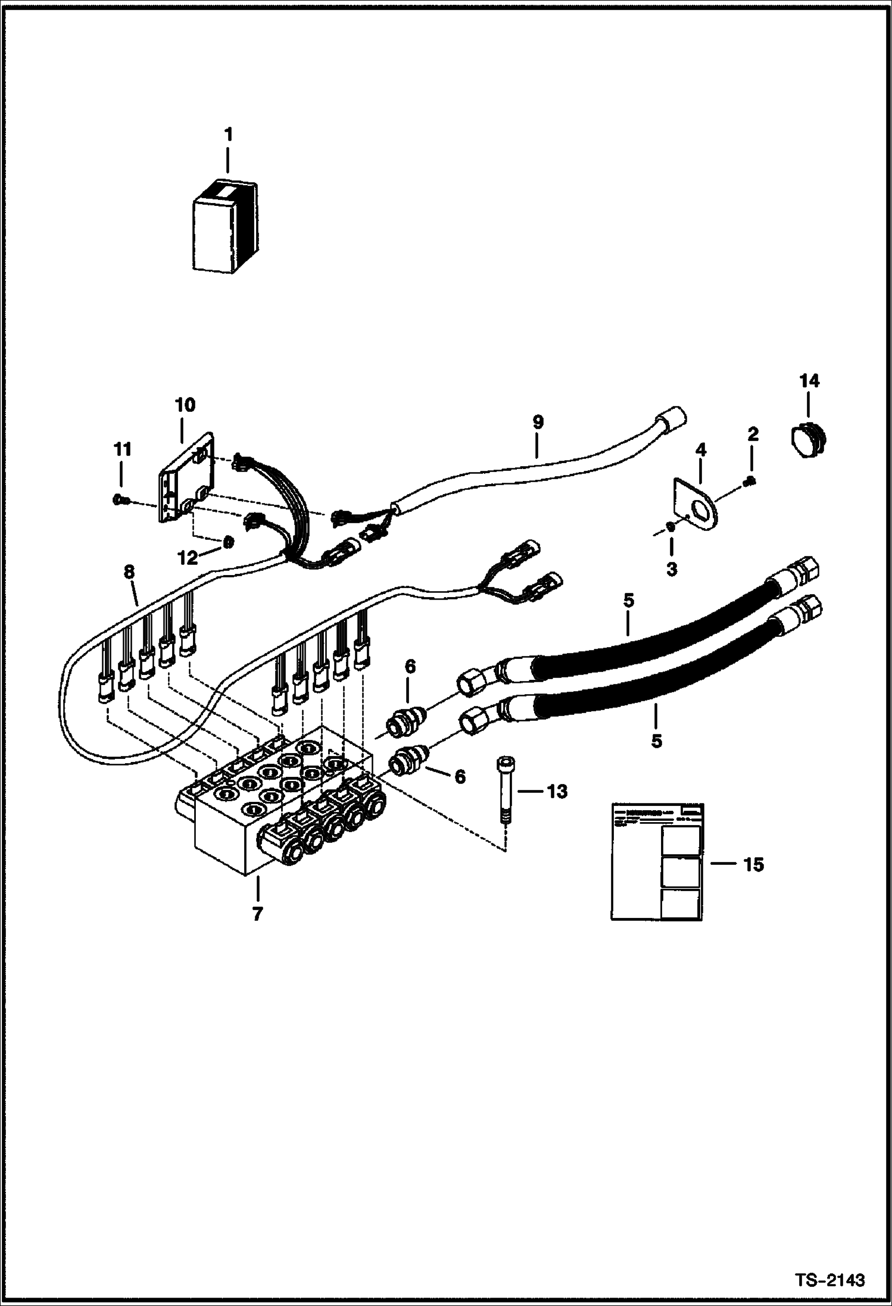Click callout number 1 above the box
[227, 135]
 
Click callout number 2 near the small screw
[753, 435]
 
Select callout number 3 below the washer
[671, 569]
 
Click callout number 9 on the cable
[537, 422]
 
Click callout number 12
[189, 558]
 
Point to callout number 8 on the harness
[129, 572]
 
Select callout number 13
[557, 792]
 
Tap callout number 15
[753, 864]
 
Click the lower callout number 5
[656, 741]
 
